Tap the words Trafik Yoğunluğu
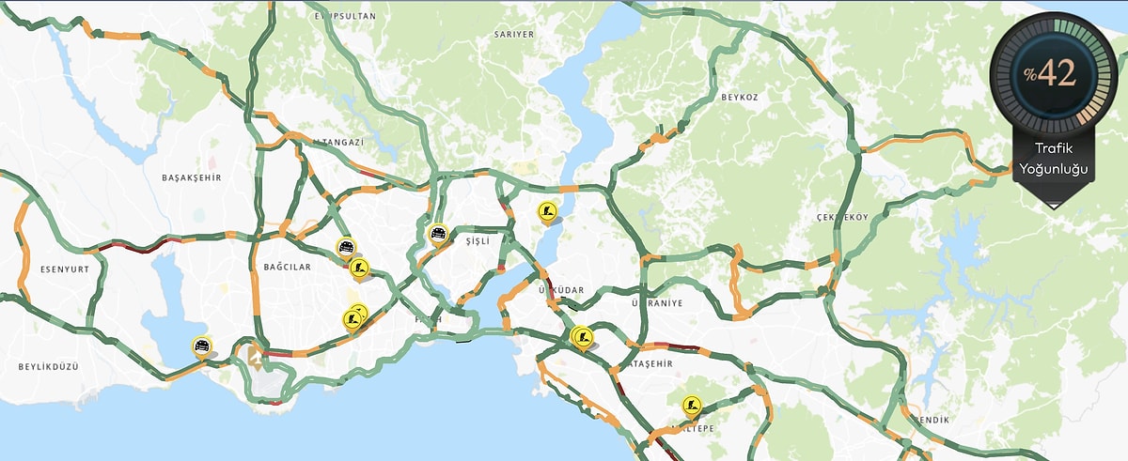pos(1053,159)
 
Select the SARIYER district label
pos(513,34)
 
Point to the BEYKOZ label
pos(739,97)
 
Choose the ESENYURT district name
pos(64,269)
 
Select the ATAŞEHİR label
pos(650,363)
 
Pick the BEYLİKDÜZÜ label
pos(48,364)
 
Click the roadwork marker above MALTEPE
pos(694,406)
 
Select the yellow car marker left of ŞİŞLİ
pos(437,233)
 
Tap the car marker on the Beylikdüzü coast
pos(201,346)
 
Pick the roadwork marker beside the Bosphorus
pos(547,212)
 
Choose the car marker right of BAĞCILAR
pos(346,248)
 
